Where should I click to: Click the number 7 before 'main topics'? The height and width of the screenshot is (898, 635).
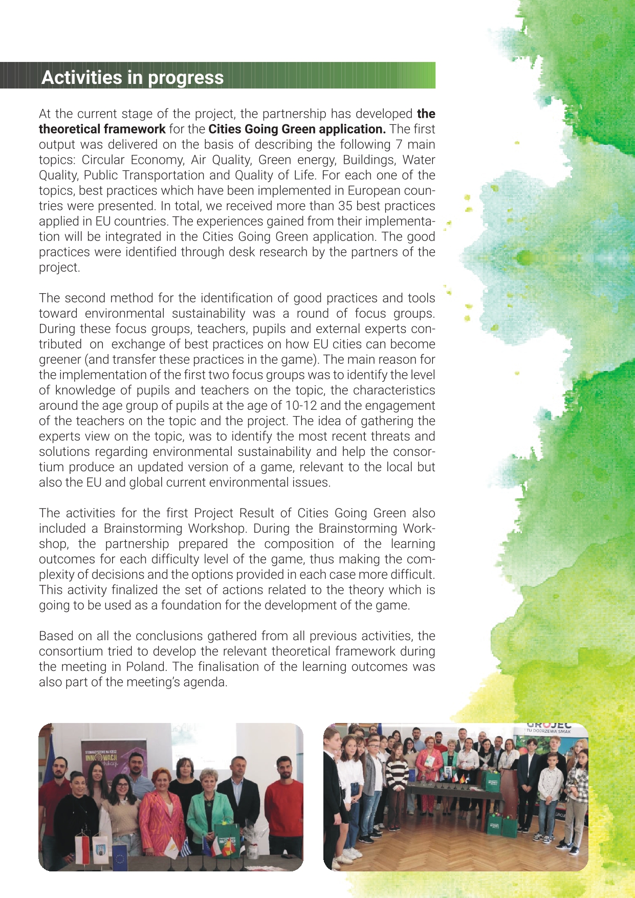tap(399, 145)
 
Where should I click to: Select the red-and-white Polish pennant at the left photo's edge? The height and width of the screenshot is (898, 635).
tap(82, 849)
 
